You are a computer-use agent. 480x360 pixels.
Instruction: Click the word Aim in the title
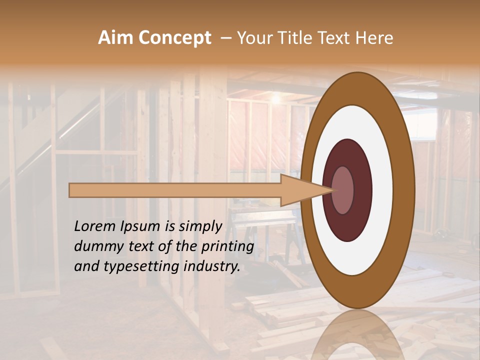(x=116, y=38)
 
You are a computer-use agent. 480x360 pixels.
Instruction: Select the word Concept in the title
(x=175, y=38)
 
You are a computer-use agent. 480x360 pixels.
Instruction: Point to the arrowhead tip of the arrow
(x=331, y=190)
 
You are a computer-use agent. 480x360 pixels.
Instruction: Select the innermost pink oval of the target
(x=342, y=190)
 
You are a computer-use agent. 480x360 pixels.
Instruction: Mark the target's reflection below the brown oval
(x=357, y=335)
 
